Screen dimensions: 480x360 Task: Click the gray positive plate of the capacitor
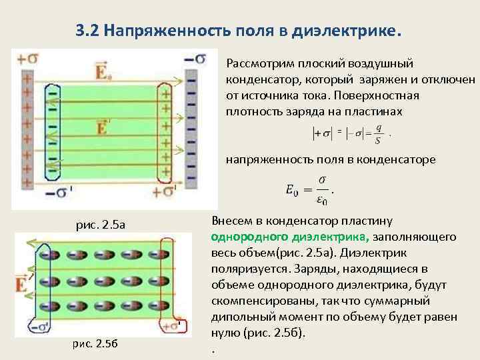coord(27,124)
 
